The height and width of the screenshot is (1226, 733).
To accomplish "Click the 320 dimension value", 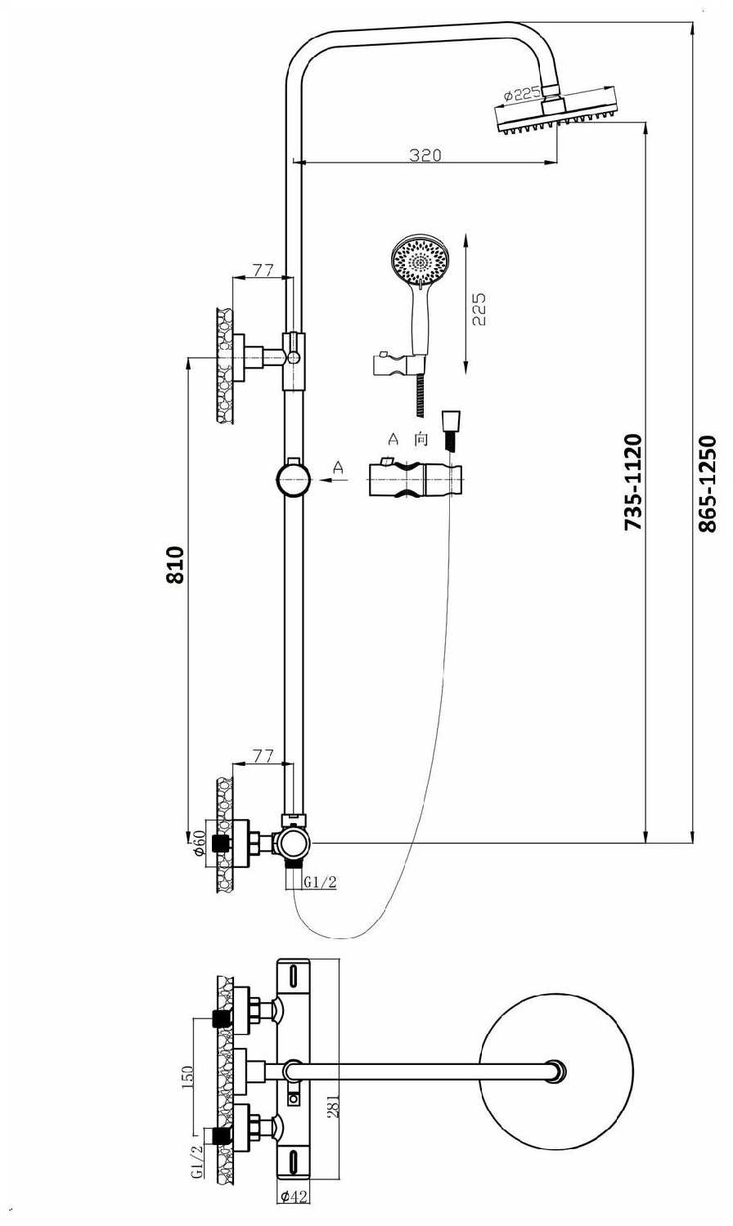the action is click(425, 155).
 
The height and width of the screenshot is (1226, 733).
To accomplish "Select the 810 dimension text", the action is click(175, 565).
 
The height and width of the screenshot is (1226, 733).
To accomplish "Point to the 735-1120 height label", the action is click(632, 481).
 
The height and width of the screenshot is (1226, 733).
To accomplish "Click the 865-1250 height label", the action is click(708, 483).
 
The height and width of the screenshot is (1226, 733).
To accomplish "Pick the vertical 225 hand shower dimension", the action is click(479, 309).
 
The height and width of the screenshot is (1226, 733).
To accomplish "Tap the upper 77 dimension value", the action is click(263, 271).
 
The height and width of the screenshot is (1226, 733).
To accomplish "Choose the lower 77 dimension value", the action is click(263, 756).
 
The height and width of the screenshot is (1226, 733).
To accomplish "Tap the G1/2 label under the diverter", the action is click(320, 882).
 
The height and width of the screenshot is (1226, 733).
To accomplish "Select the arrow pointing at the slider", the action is click(334, 480).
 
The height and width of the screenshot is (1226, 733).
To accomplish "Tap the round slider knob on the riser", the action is click(293, 480).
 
